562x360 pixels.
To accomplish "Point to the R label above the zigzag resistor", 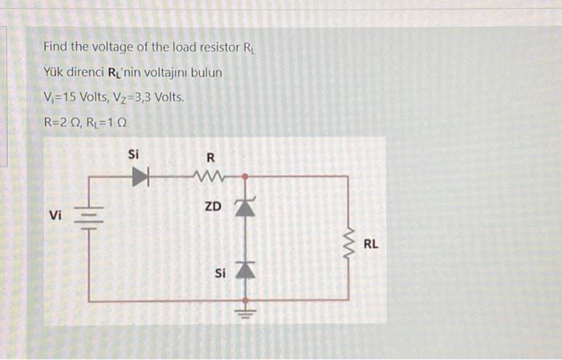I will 210,156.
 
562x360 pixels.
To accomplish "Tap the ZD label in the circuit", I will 213,207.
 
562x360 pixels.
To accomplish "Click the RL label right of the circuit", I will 370,243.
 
